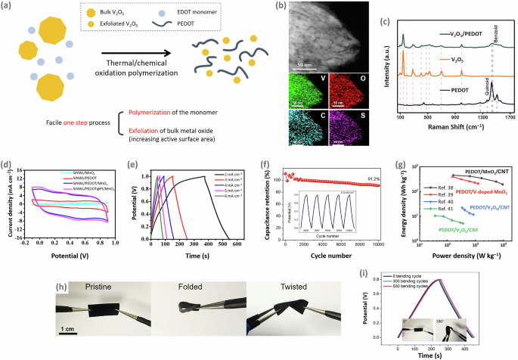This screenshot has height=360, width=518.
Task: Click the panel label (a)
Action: [8, 7]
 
